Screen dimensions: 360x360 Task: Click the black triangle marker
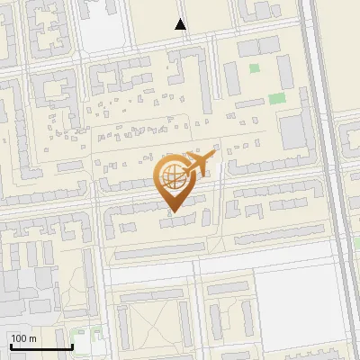181,24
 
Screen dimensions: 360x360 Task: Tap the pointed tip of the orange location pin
172,212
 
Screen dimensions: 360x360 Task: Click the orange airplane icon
199,163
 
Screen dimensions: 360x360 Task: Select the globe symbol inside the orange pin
171,177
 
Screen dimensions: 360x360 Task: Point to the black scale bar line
41,346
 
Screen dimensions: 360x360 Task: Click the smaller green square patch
254,68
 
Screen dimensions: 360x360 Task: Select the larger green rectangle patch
276,98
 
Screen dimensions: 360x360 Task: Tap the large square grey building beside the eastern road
294,131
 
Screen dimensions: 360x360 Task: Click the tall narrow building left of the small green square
231,78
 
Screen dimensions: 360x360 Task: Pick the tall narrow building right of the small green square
284,71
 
